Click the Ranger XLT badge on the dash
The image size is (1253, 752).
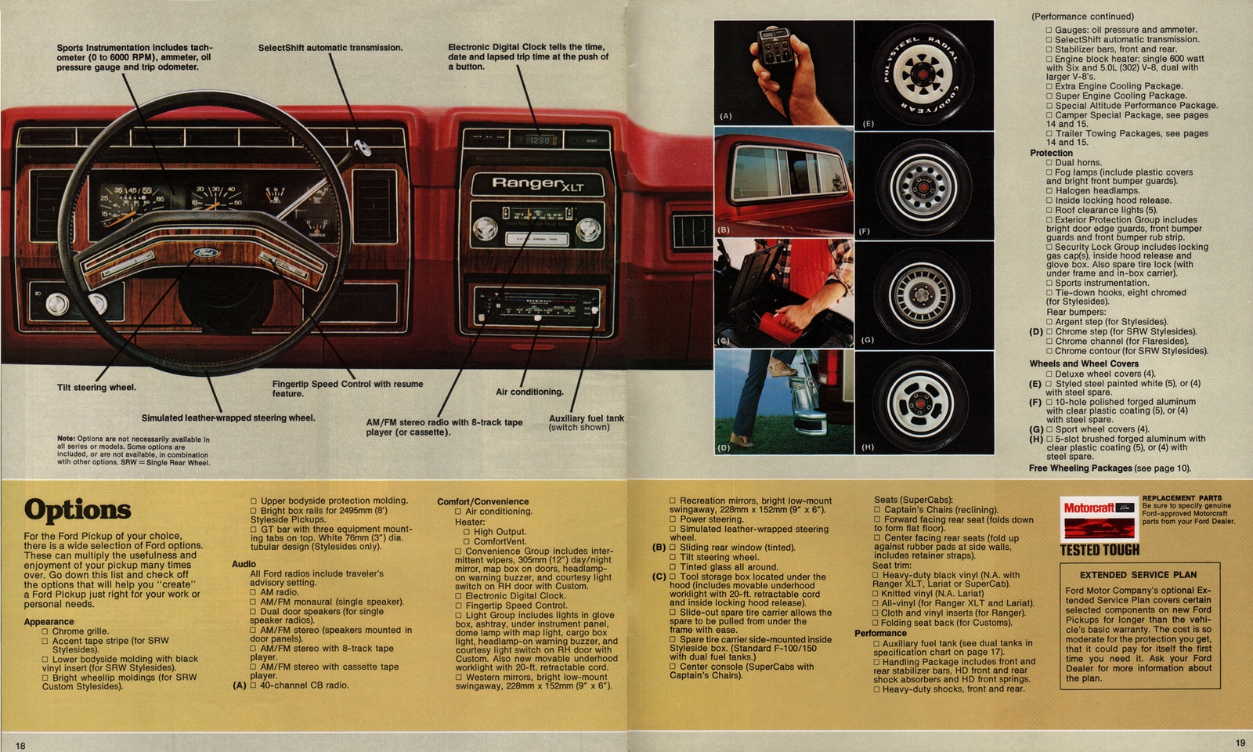[537, 183]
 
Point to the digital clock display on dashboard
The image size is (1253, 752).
[540, 140]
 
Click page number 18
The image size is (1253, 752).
[20, 746]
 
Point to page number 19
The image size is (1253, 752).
[1240, 743]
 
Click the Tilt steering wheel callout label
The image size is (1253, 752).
[96, 388]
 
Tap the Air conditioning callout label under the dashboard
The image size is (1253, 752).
[529, 392]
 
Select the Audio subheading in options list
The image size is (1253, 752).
[244, 564]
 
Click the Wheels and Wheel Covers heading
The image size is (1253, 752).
[1084, 363]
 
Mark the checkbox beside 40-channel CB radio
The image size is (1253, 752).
[253, 685]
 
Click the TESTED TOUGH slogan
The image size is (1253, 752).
[1100, 550]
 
